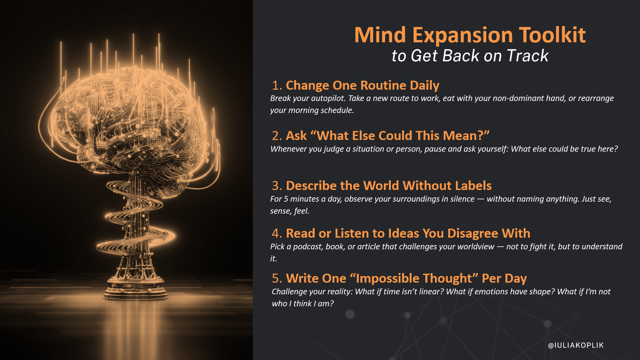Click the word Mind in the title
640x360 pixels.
380,35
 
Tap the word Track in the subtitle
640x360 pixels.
528,56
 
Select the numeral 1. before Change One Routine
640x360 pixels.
277,85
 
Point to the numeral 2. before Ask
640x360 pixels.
277,136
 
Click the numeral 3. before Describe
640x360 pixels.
277,186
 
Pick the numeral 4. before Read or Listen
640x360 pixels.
277,233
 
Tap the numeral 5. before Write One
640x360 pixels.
277,278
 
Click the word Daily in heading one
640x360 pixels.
425,86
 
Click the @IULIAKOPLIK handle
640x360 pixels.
576,345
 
